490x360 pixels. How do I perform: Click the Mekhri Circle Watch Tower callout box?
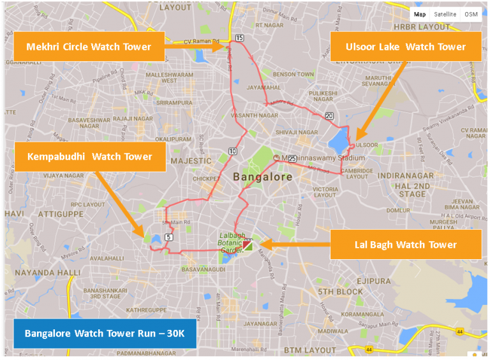[89, 47]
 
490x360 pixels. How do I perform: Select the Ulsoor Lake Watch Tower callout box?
[405, 47]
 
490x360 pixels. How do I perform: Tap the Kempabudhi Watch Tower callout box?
[90, 156]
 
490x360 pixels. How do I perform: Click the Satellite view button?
[445, 14]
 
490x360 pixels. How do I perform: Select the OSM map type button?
[471, 14]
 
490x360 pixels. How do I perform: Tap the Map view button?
[419, 14]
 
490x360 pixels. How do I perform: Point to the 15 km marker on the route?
[239, 38]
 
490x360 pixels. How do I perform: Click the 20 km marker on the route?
[329, 116]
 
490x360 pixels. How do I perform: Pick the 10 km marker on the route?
[232, 151]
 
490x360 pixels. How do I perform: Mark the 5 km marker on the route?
[168, 237]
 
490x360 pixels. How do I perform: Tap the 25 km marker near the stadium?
[292, 158]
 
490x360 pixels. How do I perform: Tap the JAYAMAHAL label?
[263, 87]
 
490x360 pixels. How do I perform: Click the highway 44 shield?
[369, 349]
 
